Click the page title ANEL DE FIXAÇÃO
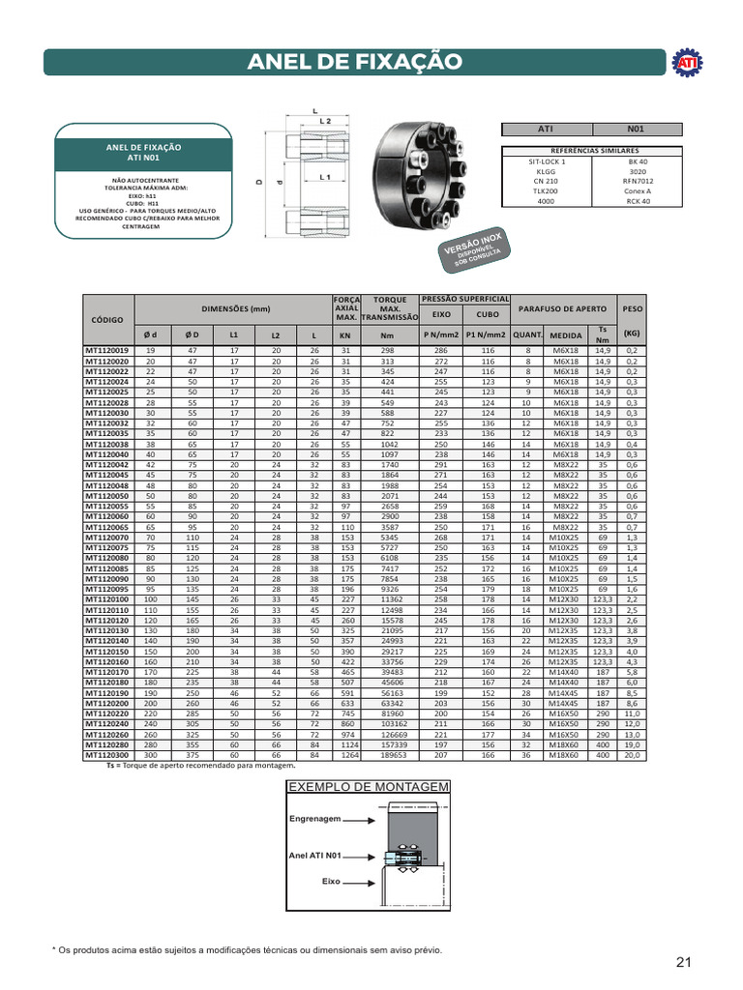coord(355,63)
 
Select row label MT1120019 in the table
coord(108,350)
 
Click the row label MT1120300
coord(108,754)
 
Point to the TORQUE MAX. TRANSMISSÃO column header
coord(390,308)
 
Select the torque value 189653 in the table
coord(391,754)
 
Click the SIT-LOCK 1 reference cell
coord(547,161)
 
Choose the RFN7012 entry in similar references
coord(637,181)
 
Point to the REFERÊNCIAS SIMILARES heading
coord(592,151)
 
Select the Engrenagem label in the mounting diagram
coord(315,818)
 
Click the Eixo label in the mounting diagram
coord(332,882)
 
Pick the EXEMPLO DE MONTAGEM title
coord(368,787)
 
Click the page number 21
coord(684,961)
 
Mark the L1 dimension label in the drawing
coord(326,178)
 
